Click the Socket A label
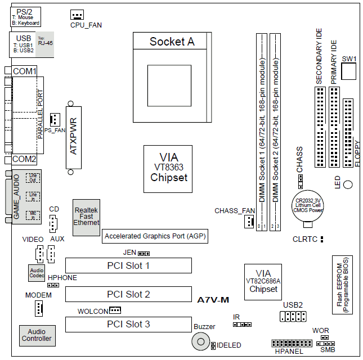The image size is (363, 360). point(172,42)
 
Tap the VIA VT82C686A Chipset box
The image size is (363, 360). point(263,281)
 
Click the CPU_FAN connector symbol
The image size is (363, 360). point(77,15)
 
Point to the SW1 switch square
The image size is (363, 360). point(349,72)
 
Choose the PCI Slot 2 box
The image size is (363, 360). point(128,294)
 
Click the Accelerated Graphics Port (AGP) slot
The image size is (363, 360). point(155,237)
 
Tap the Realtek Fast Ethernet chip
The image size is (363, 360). point(86,215)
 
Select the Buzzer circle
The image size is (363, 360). point(200,341)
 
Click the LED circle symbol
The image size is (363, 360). point(348,185)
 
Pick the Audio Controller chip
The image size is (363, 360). point(37,335)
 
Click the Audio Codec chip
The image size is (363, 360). point(36,273)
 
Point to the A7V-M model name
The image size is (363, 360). point(213,300)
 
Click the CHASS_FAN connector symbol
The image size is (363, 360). point(248,223)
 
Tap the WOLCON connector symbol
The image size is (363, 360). point(115,310)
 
